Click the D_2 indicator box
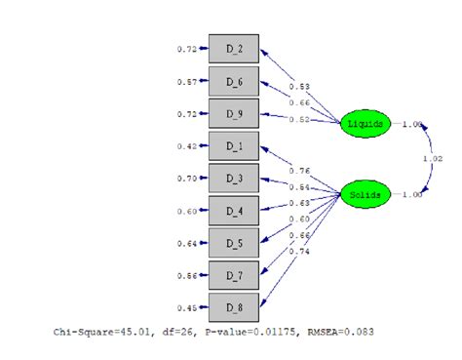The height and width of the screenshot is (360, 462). (235, 48)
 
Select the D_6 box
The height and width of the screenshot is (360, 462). (235, 81)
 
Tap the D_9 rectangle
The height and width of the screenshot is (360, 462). (235, 113)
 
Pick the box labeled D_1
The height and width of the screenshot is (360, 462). (235, 146)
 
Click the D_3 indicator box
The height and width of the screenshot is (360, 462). (235, 179)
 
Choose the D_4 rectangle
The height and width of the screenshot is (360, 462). (235, 211)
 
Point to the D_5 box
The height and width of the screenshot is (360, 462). (235, 243)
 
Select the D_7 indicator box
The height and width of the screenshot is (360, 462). (235, 275)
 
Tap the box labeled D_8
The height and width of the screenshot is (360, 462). (235, 307)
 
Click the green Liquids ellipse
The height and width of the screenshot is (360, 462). (365, 124)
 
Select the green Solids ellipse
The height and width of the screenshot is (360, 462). (365, 195)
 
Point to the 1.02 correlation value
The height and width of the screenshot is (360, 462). (432, 159)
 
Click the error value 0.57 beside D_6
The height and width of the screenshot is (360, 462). (187, 82)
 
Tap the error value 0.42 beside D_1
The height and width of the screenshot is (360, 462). (187, 147)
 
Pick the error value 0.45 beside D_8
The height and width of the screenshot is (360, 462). (187, 308)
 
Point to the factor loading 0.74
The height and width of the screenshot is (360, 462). (299, 252)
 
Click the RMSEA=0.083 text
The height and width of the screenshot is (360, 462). (343, 332)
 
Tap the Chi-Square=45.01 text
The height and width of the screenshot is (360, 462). (95, 332)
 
